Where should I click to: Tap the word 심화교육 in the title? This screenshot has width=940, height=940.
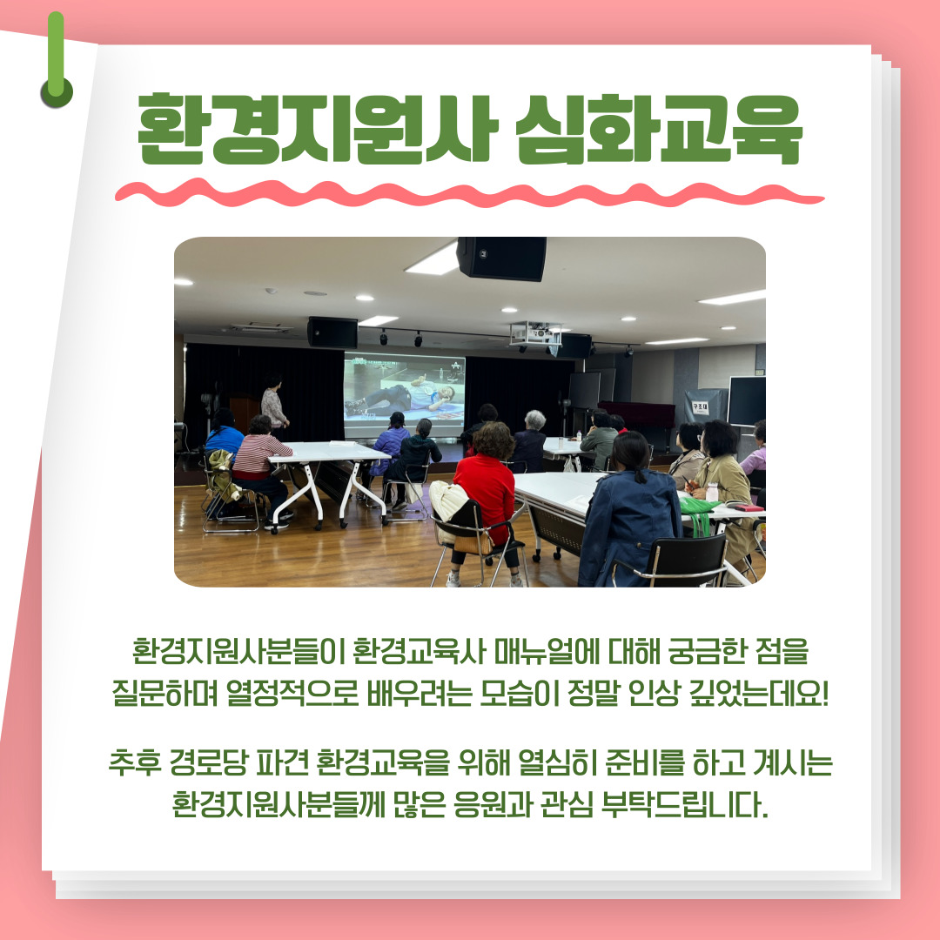tap(659, 129)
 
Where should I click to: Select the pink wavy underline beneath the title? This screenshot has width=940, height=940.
tap(469, 193)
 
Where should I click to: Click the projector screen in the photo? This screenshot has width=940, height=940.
tap(405, 394)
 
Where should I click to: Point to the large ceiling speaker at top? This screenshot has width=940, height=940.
tap(501, 258)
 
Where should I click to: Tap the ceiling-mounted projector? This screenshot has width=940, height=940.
tap(534, 333)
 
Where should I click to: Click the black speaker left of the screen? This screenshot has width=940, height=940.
tap(332, 332)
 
